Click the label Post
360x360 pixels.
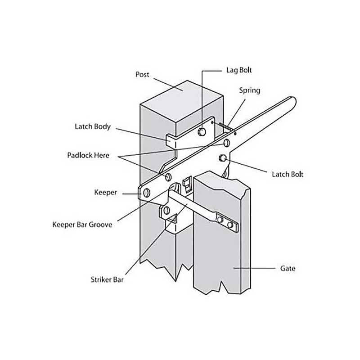click(x=142, y=74)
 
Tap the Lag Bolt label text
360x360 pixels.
click(x=238, y=71)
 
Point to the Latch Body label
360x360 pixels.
click(x=93, y=127)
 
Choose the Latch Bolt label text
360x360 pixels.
click(x=288, y=174)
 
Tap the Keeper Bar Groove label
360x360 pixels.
click(x=82, y=224)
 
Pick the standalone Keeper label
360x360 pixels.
click(x=105, y=192)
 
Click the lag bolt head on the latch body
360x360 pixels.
click(x=202, y=131)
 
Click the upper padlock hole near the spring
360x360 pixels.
click(x=227, y=144)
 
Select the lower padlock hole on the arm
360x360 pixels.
click(x=168, y=176)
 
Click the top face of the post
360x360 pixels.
click(x=182, y=101)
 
